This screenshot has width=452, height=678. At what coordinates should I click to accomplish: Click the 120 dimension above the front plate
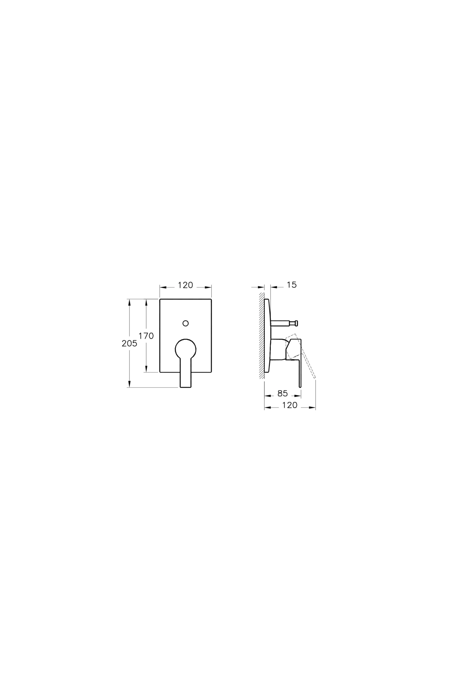185,286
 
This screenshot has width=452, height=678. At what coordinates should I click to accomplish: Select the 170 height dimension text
146,336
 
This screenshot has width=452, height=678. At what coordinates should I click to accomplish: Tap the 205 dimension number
130,344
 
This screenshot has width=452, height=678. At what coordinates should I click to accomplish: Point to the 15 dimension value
292,285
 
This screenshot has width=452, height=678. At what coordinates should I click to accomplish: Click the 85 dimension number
282,393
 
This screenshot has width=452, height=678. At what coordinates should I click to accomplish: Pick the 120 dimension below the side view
290,405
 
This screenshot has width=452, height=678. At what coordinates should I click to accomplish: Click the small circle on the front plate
185,323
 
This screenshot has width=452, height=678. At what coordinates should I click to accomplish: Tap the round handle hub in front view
185,348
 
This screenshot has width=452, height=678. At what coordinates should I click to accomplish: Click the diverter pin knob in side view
296,323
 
